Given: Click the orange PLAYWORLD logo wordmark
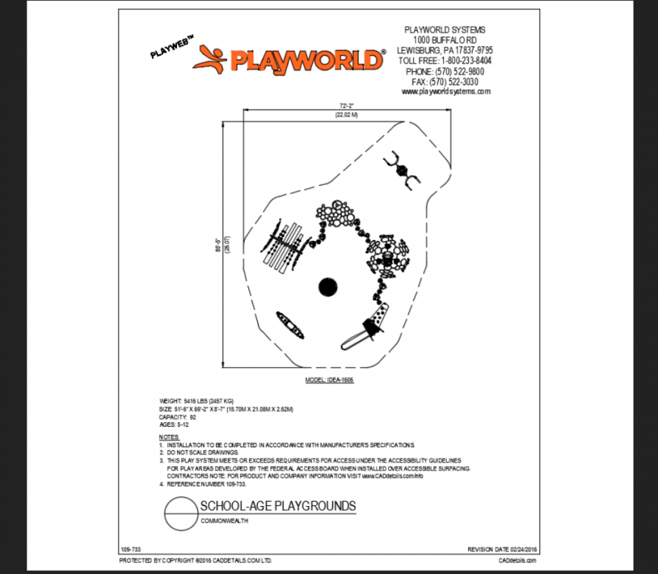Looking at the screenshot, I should coord(306,59).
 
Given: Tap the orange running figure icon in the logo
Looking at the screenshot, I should coord(210,59).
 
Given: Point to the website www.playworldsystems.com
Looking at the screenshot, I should coord(445,91).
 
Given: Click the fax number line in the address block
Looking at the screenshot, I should coord(445,82).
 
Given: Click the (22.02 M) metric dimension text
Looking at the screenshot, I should coord(347,115).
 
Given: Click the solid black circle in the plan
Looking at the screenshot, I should coord(327,287).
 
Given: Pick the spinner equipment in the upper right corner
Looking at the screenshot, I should coord(401,171).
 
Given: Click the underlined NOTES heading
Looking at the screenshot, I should coord(169,437).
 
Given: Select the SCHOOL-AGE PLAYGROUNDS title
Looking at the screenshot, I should coord(278,505).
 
